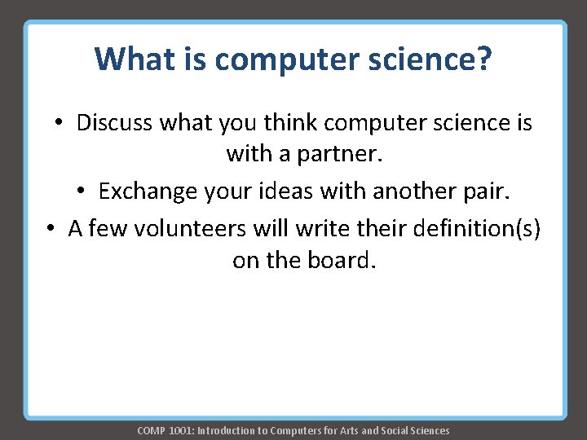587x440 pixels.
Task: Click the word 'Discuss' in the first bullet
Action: (x=114, y=123)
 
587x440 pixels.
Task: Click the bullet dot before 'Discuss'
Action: (x=60, y=124)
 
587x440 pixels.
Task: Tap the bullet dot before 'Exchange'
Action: (x=82, y=191)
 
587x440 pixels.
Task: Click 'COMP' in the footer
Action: (x=151, y=430)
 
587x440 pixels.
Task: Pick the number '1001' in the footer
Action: (x=180, y=430)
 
